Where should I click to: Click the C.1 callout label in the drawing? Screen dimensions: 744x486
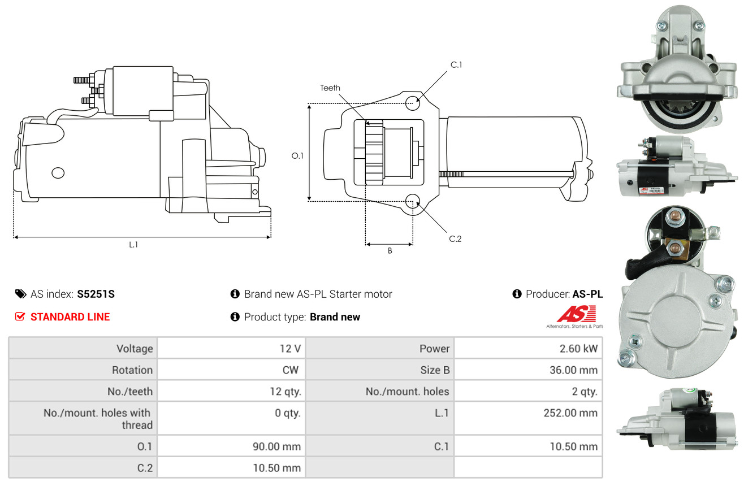(456, 65)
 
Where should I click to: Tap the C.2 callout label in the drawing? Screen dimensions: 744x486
(455, 238)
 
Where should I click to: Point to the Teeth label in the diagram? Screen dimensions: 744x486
(330, 88)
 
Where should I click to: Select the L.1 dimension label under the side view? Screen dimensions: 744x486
(133, 245)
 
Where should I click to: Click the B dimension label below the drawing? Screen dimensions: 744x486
(390, 251)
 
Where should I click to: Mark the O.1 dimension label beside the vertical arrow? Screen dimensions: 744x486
(297, 156)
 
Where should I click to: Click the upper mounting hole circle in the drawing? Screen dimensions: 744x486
(413, 103)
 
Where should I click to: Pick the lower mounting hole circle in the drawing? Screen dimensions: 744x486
(413, 201)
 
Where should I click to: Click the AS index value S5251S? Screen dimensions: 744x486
(96, 294)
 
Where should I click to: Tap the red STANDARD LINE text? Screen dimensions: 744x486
(70, 316)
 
